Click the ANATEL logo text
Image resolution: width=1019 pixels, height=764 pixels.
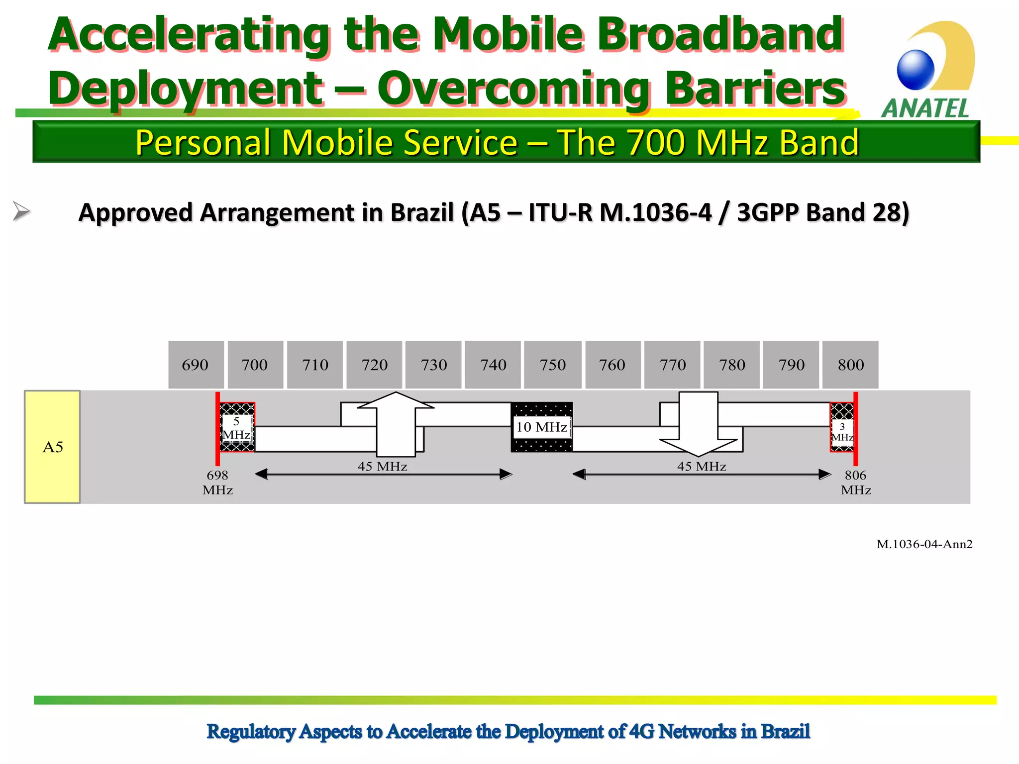coord(925,108)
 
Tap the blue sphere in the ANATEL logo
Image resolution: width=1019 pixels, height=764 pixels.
coord(916,70)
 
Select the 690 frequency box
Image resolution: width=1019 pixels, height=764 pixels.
coord(196,365)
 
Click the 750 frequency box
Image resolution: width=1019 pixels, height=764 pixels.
coord(552,365)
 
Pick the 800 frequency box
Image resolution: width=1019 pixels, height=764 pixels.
coord(850,365)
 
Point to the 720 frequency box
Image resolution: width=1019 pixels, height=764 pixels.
coord(374,365)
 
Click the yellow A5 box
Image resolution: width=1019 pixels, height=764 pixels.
coord(52,447)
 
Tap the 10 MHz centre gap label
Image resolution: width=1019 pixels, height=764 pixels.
coord(541,427)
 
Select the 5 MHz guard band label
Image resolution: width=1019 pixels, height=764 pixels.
coord(236,428)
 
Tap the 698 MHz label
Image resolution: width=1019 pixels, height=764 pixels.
coord(217,482)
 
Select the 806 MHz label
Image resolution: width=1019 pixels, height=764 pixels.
coord(856,482)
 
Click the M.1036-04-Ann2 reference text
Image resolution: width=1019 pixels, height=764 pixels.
coord(924,544)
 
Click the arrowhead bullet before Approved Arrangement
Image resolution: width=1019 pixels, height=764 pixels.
coord(21,211)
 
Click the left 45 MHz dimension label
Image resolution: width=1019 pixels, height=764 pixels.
coord(382,466)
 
